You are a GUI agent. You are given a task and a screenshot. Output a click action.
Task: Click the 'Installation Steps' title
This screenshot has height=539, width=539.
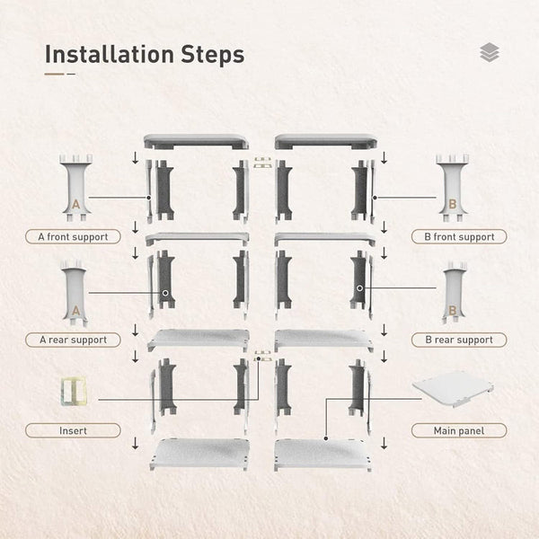(x=144, y=54)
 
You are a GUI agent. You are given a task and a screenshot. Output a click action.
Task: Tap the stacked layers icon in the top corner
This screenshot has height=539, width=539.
(x=490, y=53)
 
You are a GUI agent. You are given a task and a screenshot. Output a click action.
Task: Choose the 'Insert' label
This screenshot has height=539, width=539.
(x=73, y=430)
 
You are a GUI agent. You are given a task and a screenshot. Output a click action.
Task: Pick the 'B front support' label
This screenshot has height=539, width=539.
(x=459, y=237)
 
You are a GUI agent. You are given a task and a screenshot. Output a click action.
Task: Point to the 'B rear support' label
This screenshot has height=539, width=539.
(x=459, y=340)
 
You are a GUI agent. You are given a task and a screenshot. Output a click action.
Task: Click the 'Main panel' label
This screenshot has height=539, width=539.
(x=459, y=430)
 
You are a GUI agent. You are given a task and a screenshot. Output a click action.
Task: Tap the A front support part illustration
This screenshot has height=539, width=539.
(x=75, y=189)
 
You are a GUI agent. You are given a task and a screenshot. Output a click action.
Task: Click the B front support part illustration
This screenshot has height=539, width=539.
(x=453, y=189)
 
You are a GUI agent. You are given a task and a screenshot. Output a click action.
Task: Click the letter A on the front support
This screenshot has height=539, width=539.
(x=75, y=205)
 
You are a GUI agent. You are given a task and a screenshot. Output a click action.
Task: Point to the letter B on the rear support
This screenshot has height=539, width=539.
(x=453, y=311)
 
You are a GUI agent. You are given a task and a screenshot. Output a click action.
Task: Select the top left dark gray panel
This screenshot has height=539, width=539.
(x=196, y=142)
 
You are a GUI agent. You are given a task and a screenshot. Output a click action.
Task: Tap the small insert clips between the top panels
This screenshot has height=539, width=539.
(x=262, y=163)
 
